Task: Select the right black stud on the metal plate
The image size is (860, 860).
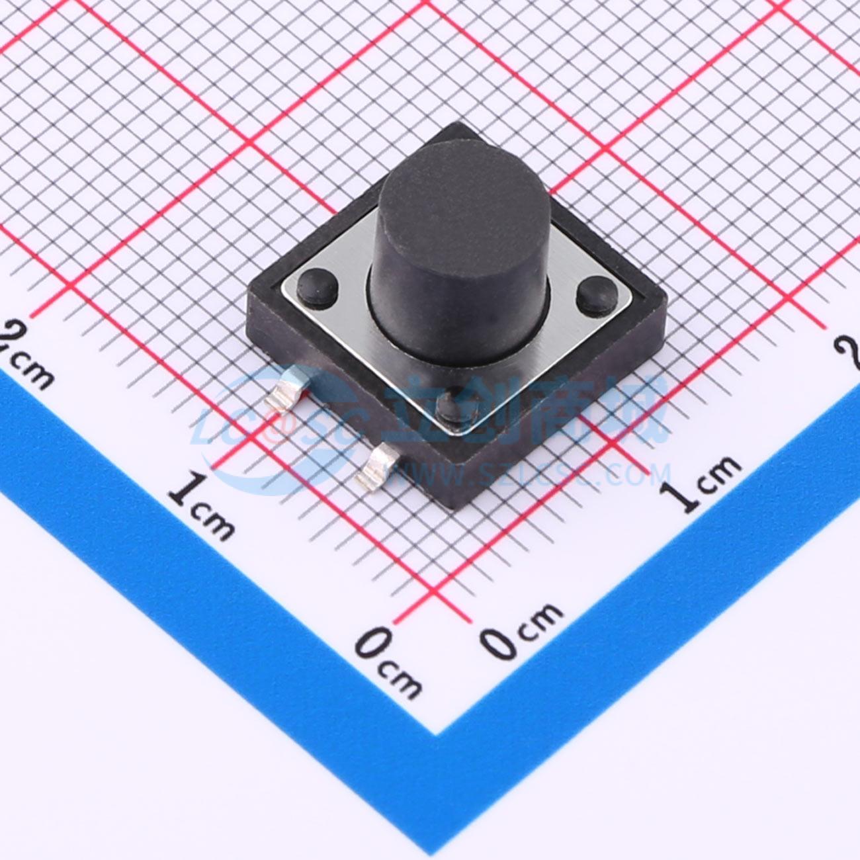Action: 597,295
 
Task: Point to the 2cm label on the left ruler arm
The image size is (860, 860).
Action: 26,357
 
